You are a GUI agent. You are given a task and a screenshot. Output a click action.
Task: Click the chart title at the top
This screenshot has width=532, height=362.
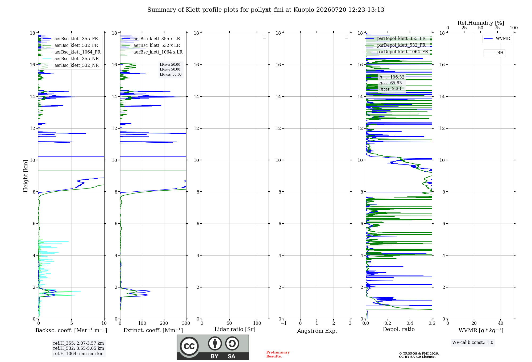coord(266,10)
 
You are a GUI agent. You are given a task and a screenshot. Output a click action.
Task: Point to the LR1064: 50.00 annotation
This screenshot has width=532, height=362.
coord(171,75)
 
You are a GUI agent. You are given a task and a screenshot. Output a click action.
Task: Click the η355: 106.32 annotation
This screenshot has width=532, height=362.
coord(392,77)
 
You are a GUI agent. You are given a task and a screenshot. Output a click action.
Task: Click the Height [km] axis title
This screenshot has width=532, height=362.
coord(26,176)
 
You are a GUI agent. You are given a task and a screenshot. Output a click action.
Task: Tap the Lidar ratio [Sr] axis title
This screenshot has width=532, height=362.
coord(235,330)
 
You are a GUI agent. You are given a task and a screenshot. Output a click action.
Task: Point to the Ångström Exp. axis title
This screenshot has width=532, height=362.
coord(317,331)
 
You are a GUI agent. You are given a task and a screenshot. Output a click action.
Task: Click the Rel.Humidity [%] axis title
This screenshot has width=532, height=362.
coord(481,23)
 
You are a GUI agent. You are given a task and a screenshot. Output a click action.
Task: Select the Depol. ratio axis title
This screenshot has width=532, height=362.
coord(399,330)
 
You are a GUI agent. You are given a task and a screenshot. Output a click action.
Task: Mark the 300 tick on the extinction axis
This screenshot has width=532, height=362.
coord(186,323)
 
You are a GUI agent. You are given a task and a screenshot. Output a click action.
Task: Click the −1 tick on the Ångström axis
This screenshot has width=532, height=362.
coord(284,323)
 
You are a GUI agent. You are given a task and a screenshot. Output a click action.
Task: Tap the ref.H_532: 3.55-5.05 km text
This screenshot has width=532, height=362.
coord(78,348)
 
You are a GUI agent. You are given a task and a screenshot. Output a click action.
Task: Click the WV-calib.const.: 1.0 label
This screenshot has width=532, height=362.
coord(473,343)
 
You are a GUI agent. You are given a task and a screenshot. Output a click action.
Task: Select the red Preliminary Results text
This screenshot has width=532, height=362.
coord(278,354)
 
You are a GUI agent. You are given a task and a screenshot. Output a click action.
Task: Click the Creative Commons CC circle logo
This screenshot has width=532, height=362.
coord(189,346)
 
